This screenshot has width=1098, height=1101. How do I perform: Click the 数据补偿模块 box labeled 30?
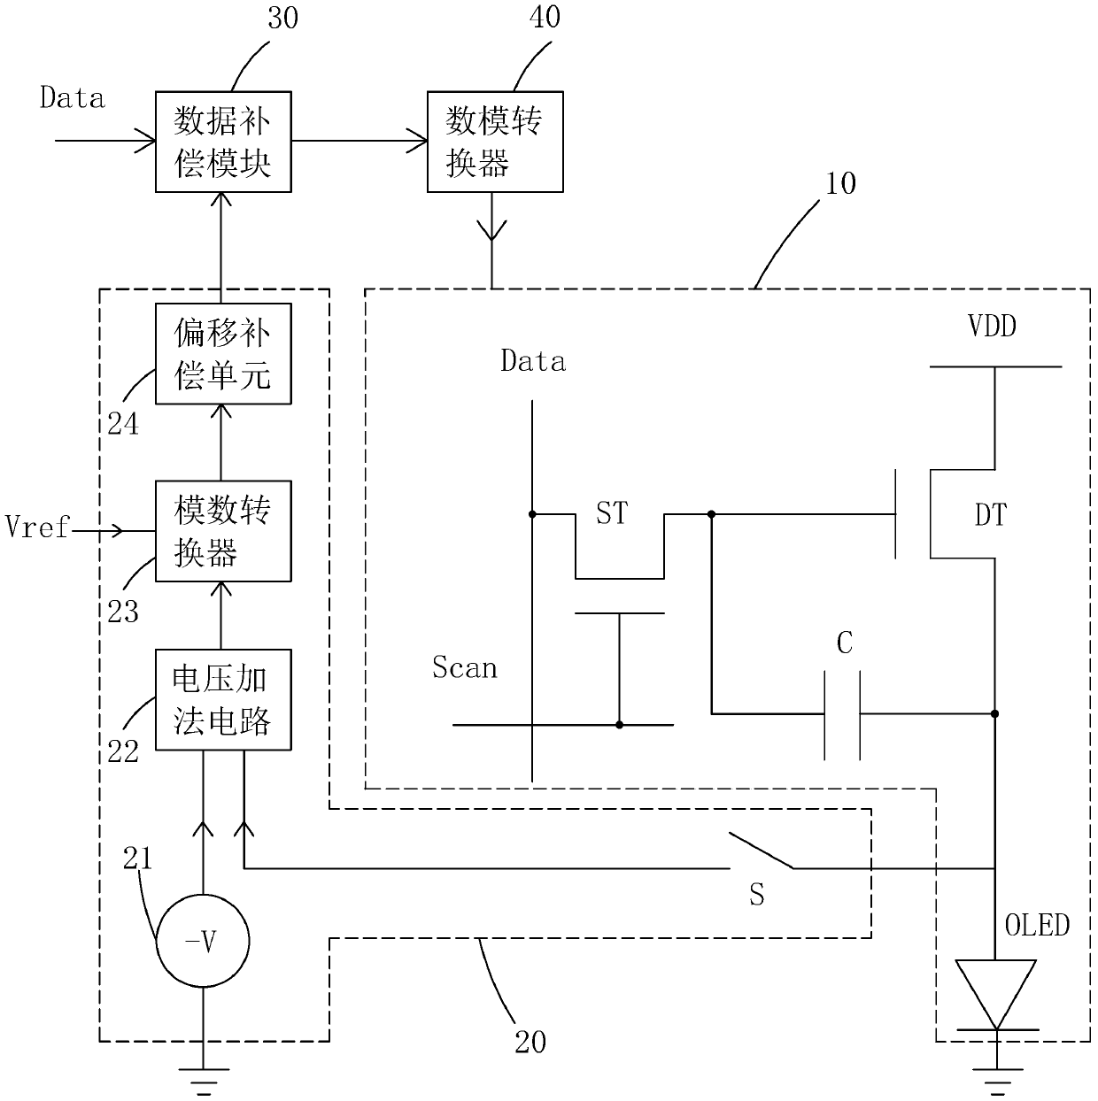(223, 142)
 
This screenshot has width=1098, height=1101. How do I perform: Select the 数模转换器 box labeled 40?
(495, 142)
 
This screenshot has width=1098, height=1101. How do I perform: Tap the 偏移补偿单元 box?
(223, 354)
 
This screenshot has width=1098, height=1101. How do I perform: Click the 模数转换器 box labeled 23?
(223, 531)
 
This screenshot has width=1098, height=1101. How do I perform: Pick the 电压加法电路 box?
(223, 699)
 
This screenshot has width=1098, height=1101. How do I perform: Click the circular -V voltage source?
(203, 941)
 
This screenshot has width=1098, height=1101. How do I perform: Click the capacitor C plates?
(842, 714)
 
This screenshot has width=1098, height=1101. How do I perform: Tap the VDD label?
(992, 327)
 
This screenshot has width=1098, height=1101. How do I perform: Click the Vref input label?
(36, 527)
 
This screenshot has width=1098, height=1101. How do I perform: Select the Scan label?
(464, 666)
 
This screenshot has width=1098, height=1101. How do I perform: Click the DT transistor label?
(991, 515)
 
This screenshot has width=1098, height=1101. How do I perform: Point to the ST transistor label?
(612, 512)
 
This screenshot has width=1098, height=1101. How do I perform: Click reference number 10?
(840, 183)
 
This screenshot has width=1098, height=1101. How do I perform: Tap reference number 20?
(530, 1043)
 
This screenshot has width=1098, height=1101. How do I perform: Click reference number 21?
(137, 858)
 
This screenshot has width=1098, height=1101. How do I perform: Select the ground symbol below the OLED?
(997, 1081)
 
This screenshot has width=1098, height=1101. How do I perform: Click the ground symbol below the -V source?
(204, 1081)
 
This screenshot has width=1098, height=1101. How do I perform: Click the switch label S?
(756, 895)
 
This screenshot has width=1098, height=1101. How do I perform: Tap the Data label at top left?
(73, 97)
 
